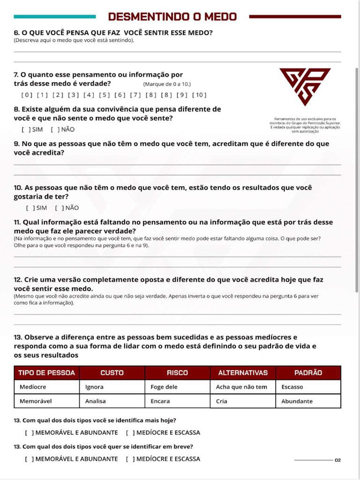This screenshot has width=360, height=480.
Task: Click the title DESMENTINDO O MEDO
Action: point(172,17)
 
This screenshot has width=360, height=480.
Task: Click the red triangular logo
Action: point(305,86)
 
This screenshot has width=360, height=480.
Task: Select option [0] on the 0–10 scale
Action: point(27,95)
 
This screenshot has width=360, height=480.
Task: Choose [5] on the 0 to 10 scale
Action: point(105,95)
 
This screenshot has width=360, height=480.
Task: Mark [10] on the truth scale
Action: point(199,95)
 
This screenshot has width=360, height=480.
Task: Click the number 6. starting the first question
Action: point(17,33)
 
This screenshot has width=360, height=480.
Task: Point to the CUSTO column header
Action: point(112,373)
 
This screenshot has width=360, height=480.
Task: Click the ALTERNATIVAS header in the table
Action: point(243,373)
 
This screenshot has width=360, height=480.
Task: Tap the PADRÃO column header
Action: point(308,373)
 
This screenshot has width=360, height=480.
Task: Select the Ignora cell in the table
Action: point(95,387)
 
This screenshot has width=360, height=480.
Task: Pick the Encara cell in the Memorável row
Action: point(160,401)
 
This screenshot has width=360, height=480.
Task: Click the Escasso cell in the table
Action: point(292,387)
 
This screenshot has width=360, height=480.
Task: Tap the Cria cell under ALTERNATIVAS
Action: point(222,401)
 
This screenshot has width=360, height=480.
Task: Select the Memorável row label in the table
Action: point(36,401)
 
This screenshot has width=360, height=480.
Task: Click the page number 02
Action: point(337,460)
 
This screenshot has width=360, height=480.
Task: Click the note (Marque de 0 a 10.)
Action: point(167,84)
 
